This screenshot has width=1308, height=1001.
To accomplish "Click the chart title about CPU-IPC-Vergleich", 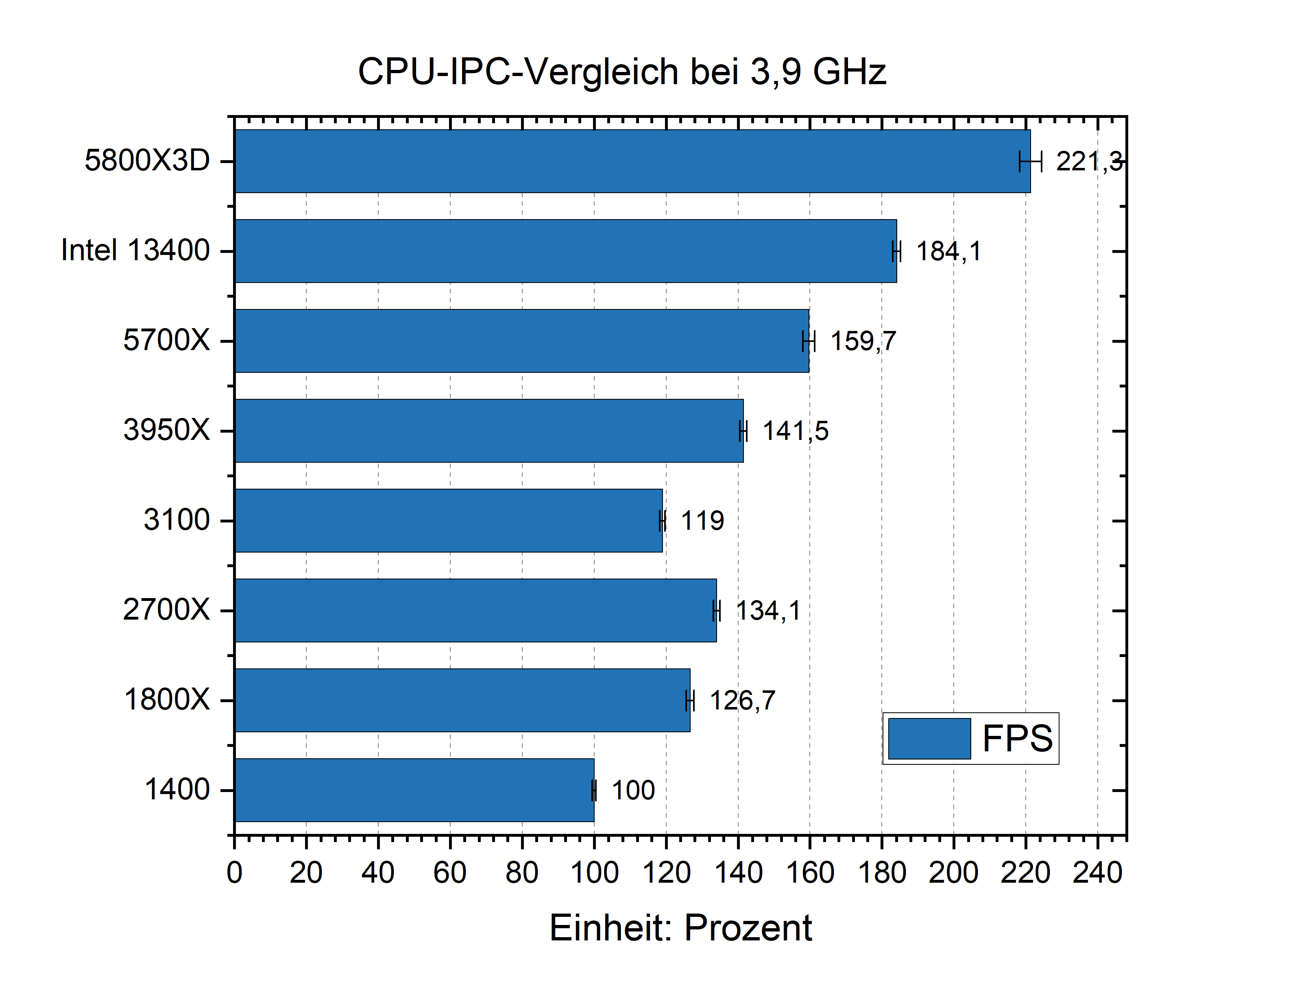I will [621, 72].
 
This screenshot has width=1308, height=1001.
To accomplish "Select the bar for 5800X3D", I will [632, 161].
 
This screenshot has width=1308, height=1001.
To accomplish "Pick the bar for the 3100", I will [448, 520].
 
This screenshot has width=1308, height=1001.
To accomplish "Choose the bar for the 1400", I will [414, 790].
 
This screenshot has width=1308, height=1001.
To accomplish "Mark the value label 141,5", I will [796, 431].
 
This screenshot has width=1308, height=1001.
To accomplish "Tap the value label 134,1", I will [768, 611].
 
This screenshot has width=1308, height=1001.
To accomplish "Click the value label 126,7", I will [742, 700].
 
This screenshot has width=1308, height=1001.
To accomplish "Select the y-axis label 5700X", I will [166, 340].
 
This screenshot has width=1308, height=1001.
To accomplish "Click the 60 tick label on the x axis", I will [450, 873].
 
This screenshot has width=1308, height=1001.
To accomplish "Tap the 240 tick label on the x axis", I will [1097, 873].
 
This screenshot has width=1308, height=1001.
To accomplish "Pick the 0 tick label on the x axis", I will [234, 873].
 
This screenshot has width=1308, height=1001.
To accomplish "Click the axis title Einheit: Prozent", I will [680, 928].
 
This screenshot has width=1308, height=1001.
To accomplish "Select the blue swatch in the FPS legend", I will [929, 738].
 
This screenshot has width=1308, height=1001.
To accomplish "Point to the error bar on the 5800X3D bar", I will [1030, 161].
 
